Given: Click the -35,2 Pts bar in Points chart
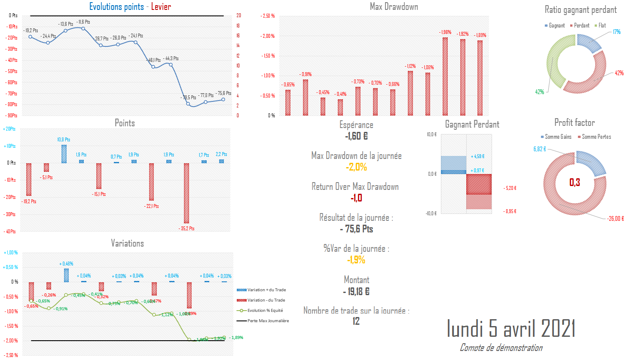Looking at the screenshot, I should [186, 193].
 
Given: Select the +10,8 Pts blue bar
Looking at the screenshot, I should [64, 154].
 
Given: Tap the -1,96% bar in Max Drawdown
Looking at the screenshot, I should [445, 76].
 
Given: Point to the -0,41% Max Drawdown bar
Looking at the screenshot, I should [340, 107].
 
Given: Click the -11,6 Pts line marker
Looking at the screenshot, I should [83, 29].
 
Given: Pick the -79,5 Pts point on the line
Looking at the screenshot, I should [188, 104].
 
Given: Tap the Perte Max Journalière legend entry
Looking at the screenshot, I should [268, 321].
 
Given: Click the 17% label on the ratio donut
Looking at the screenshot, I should [617, 32].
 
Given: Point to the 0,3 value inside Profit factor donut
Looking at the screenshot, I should [575, 183].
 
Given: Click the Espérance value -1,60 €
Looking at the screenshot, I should [356, 136].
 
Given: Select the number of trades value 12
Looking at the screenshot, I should [356, 321].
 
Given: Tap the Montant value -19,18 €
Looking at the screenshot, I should [356, 292].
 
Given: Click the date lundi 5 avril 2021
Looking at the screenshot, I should [511, 329].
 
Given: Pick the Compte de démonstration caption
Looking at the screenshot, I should [501, 348].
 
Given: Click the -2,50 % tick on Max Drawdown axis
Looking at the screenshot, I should [268, 16].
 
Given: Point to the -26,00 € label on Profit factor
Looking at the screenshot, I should [615, 219].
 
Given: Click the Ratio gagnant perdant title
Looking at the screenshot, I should [580, 10].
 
